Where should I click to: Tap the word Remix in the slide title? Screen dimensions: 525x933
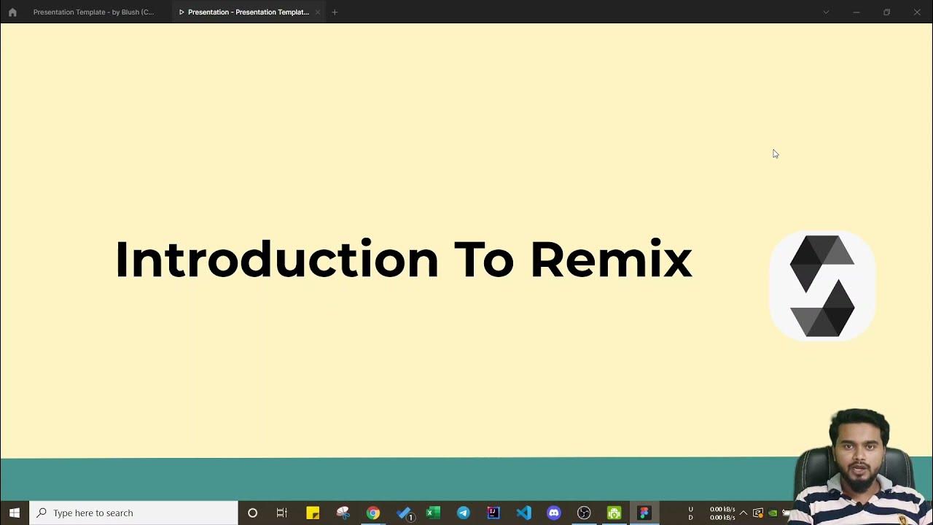point(611,260)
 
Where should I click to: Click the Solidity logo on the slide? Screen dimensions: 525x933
point(822,286)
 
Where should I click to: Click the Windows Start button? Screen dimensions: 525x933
point(15,513)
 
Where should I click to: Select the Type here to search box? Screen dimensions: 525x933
point(133,513)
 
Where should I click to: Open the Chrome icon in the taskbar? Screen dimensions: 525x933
point(373,513)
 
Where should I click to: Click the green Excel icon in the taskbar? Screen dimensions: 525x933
point(433,513)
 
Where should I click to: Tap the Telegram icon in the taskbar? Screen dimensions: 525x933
point(463,513)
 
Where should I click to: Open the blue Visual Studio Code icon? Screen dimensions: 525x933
point(523,513)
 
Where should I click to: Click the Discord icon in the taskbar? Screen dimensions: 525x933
point(554,513)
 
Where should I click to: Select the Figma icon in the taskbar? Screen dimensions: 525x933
point(644,513)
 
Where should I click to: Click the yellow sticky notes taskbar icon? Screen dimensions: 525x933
point(313,513)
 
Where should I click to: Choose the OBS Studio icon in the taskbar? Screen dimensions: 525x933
point(584,513)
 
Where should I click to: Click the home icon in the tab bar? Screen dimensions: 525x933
point(12,12)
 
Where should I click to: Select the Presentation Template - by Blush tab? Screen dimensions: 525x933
point(93,12)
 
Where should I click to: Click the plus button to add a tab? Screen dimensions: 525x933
point(335,12)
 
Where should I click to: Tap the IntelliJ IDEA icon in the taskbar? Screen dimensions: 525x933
point(493,513)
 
